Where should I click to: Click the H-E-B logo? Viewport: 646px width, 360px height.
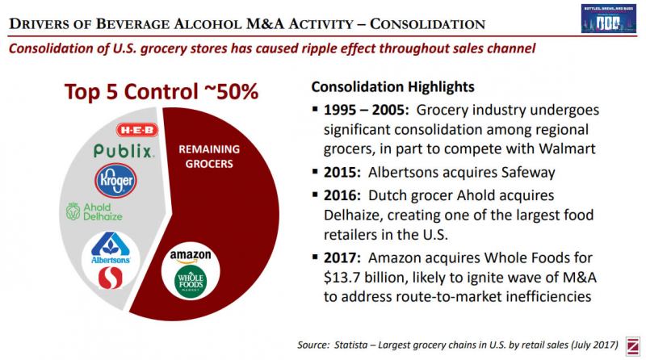pyautogui.click(x=138, y=129)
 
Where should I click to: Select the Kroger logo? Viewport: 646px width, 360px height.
pyautogui.click(x=115, y=180)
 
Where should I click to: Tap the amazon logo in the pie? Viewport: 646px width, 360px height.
pyautogui.click(x=191, y=257)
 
